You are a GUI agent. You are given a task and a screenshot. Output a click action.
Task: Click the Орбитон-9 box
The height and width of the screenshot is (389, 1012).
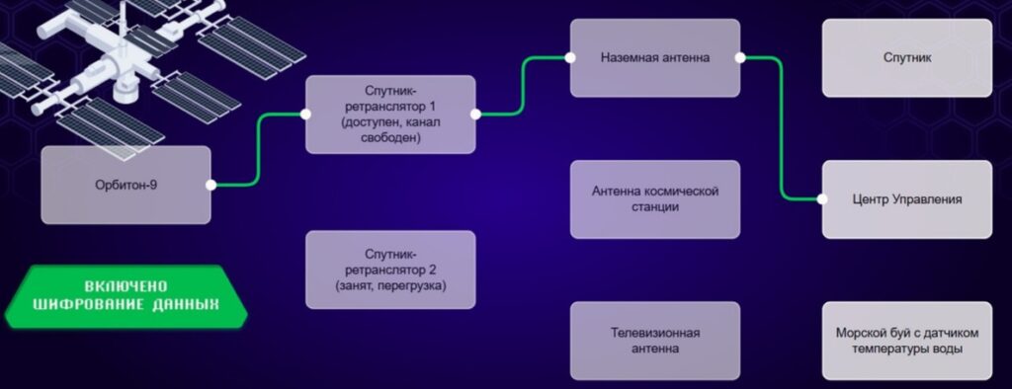pos(126,186)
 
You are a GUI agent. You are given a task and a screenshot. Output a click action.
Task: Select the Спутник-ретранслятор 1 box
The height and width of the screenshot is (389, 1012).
pos(390,115)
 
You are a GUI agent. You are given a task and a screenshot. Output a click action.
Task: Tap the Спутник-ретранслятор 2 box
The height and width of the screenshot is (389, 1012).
pos(390,270)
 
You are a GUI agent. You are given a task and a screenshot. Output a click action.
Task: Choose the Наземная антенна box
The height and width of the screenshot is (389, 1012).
pos(655,57)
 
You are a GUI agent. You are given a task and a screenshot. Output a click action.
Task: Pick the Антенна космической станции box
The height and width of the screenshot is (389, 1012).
pos(655,199)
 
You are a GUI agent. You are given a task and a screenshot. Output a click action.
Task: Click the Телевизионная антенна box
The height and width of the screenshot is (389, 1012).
pos(655,341)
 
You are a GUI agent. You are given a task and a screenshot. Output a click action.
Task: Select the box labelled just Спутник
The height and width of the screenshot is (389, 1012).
pos(907,57)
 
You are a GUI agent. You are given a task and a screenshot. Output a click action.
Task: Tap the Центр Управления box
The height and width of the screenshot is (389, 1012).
pos(907,199)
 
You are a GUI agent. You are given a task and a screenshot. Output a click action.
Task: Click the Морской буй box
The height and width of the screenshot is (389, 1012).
pos(907,341)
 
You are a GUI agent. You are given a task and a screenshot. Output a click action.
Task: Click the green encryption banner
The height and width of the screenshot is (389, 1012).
pos(126,296)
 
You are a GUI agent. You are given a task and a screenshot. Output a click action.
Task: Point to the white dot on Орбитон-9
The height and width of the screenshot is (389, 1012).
pos(211,186)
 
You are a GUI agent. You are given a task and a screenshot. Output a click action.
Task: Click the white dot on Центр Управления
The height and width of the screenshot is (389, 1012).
pos(821,199)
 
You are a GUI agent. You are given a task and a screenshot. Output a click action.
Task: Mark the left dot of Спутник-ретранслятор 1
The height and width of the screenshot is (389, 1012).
pos(305,115)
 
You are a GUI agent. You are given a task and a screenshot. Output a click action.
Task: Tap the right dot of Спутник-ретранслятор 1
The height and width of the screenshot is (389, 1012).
pos(475,115)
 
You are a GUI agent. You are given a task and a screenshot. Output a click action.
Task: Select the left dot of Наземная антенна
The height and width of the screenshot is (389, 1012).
pos(570,57)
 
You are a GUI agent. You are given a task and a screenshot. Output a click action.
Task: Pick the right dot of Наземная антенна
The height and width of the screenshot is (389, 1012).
pos(740,57)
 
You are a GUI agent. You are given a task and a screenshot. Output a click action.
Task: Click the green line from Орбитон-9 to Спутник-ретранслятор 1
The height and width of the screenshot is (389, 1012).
pos(258,150)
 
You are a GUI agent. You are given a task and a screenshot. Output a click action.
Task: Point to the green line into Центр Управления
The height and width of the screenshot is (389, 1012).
pos(782,129)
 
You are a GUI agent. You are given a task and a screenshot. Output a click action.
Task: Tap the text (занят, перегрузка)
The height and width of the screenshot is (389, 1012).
pos(390,284)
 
